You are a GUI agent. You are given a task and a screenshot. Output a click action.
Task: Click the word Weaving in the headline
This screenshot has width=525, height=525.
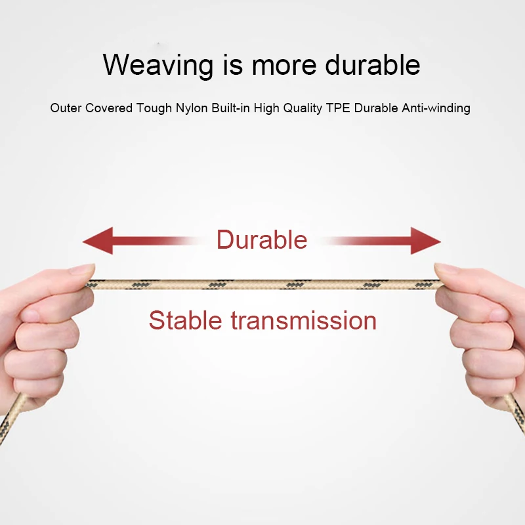[158, 65]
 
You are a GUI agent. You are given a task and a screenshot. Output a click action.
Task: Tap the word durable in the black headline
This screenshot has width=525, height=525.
[372, 64]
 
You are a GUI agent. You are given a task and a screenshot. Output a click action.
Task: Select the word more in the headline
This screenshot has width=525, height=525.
[284, 65]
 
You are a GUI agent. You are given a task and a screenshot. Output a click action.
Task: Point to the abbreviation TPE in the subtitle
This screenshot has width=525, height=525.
[338, 108]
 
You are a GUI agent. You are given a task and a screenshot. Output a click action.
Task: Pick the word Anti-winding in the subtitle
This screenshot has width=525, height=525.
[436, 108]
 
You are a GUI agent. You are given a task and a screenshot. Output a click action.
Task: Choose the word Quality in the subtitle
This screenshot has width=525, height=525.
[303, 108]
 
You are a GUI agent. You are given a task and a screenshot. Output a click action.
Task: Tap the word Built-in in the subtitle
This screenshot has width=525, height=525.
[231, 108]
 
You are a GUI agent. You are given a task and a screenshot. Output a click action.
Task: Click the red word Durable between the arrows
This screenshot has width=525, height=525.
[262, 240]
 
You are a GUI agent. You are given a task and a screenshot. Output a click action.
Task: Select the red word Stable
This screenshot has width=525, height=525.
[186, 320]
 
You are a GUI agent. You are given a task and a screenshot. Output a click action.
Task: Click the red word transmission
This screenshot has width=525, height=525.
[304, 320]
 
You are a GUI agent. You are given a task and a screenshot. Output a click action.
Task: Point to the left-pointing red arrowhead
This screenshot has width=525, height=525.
[98, 241]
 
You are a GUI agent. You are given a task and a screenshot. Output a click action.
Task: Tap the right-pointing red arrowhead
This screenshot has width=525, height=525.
[425, 241]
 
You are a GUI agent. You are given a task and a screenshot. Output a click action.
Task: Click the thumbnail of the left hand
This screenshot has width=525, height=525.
[83, 269]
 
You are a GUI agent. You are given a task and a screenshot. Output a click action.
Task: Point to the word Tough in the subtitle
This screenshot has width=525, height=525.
[154, 108]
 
